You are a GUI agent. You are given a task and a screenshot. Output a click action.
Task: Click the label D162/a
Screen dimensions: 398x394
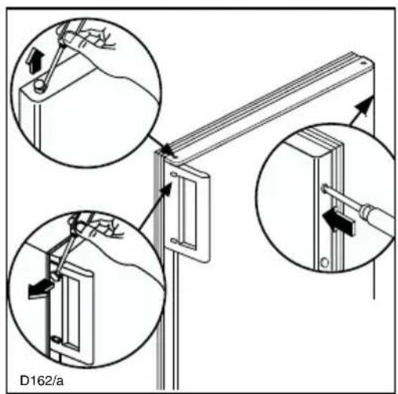click(x=41, y=380)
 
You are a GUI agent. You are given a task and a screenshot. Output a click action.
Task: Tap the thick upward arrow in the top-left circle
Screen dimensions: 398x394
click(x=36, y=62)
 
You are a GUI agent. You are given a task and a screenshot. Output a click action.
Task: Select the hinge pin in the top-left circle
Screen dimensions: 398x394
click(x=39, y=86)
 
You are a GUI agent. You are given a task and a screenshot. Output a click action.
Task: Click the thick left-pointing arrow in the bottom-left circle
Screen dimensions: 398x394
click(x=40, y=290)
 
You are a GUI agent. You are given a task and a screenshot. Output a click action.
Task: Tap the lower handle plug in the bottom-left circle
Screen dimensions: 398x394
click(x=56, y=339)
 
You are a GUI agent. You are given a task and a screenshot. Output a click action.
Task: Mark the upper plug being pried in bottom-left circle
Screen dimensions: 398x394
click(x=55, y=276)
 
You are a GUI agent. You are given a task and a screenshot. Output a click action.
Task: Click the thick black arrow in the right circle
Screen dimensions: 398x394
click(x=339, y=222)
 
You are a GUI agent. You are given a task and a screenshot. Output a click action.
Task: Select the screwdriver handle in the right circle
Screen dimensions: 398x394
click(x=378, y=216)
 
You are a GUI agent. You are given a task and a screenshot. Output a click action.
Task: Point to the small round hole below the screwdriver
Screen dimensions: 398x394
click(x=324, y=262)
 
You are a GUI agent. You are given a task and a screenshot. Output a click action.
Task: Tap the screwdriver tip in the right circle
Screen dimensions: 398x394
click(x=324, y=189)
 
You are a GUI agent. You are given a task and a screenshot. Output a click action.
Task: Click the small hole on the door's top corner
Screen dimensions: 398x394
click(x=363, y=62)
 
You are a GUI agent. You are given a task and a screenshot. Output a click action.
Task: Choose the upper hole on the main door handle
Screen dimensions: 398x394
click(x=174, y=174)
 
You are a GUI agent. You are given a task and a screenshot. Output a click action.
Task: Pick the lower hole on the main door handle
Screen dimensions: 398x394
click(x=173, y=240)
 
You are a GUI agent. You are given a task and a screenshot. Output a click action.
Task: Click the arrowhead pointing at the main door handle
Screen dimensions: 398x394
click(x=168, y=188)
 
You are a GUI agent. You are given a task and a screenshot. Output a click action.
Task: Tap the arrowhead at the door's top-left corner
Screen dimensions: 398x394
click(x=169, y=150)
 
